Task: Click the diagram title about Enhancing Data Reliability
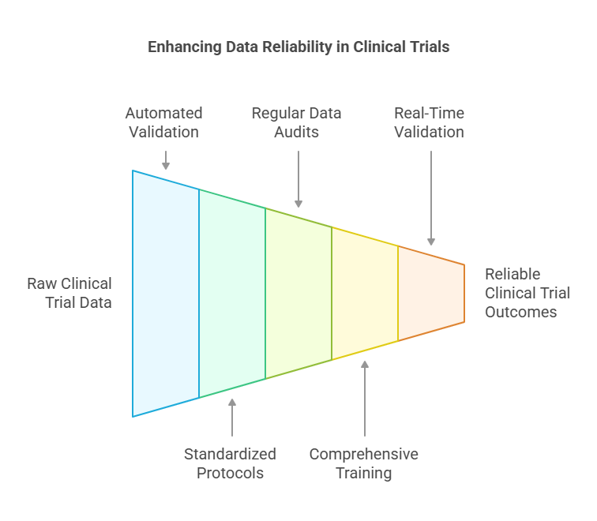(x=298, y=47)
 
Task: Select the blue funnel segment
(x=166, y=294)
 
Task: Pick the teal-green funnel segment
(x=232, y=294)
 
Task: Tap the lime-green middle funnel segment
(x=298, y=294)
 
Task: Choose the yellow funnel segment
(x=365, y=294)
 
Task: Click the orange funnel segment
(x=430, y=294)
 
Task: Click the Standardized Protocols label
(x=230, y=463)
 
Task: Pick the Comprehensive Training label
(x=363, y=463)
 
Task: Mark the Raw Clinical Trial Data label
(x=69, y=292)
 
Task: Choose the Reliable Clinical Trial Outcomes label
(x=527, y=293)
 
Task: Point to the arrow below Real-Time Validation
(x=431, y=197)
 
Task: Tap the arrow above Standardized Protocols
(x=232, y=418)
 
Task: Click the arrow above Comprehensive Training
(x=365, y=399)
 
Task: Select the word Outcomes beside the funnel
(x=521, y=312)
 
